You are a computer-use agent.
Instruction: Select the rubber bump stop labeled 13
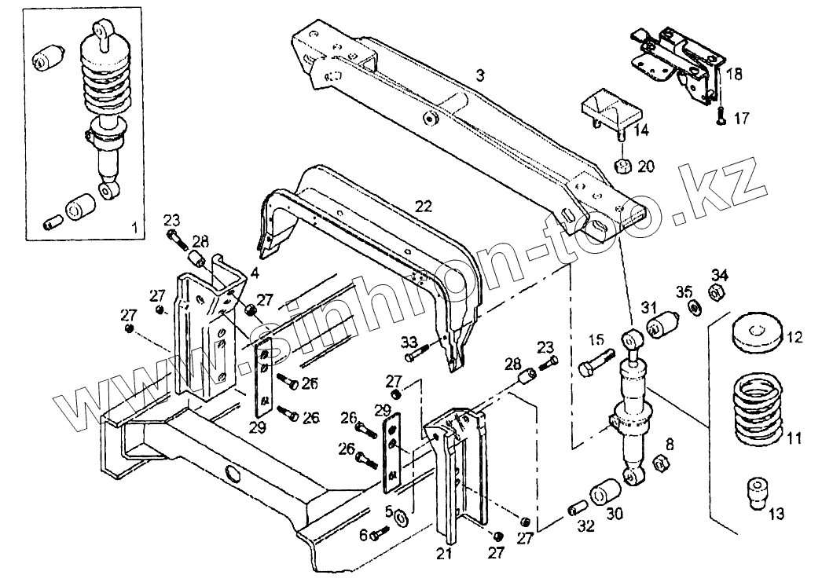[755, 493]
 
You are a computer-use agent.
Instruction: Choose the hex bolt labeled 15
[596, 362]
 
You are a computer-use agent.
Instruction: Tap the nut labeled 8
[658, 463]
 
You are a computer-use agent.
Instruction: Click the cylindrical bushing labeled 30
[605, 491]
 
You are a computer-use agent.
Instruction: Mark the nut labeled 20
[623, 167]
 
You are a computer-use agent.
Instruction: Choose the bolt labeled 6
[380, 534]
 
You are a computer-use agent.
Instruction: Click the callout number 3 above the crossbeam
[480, 75]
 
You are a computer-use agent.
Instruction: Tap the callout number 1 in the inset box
[134, 228]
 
